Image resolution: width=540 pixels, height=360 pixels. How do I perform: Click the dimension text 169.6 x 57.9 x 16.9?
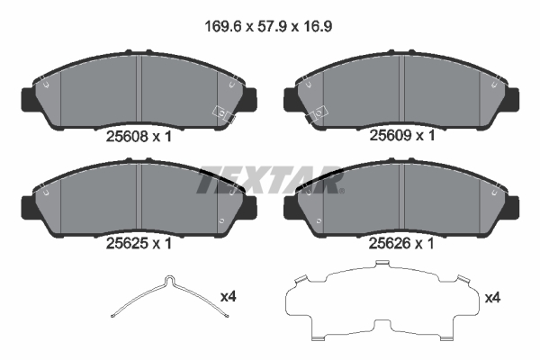pos(269,26)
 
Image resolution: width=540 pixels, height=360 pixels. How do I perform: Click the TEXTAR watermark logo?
pos(270,179)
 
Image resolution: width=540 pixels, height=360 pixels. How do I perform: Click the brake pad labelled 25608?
pos(135,90)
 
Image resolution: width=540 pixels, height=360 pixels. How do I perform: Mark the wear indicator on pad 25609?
pos(319,113)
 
